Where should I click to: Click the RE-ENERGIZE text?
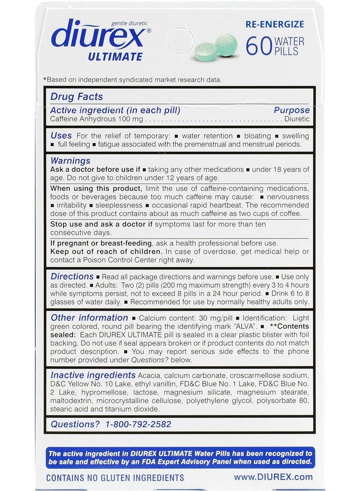coord(275,24)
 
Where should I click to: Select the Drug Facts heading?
coord(76,96)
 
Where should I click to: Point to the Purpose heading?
coord(292,110)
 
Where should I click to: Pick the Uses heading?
coord(61,135)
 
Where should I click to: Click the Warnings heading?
coord(70,161)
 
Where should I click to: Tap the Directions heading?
coord(72,276)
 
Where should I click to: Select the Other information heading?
coord(89,318)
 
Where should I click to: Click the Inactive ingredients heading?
coord(93,375)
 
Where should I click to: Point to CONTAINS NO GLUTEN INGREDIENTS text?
coord(115,477)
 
